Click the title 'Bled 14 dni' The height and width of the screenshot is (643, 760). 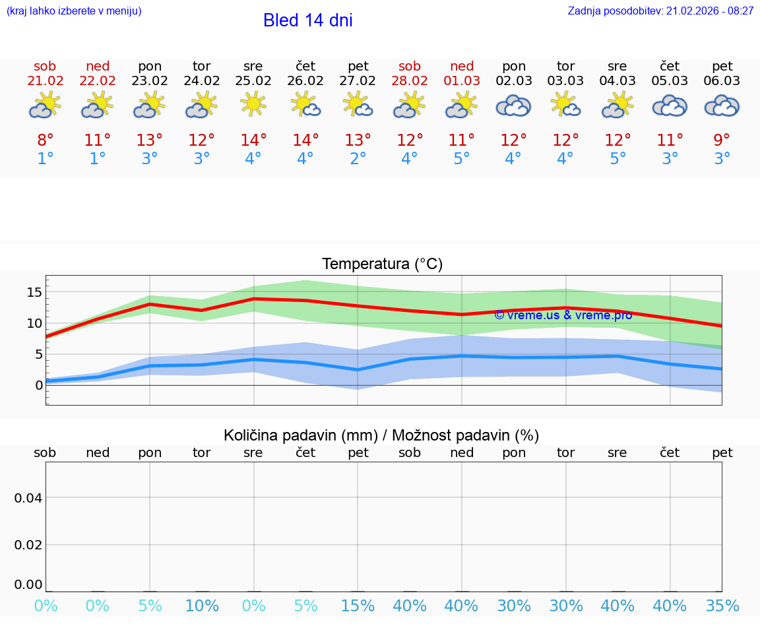(x=307, y=20)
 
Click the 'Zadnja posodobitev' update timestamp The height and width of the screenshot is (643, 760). (x=660, y=11)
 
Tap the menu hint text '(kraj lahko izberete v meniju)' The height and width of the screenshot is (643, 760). (x=74, y=11)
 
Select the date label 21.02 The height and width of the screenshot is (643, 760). (x=45, y=81)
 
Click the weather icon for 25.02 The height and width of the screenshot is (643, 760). (x=253, y=104)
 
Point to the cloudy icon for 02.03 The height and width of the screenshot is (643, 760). (x=513, y=106)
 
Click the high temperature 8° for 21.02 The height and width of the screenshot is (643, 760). (x=45, y=140)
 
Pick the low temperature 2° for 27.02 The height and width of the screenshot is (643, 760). (x=358, y=159)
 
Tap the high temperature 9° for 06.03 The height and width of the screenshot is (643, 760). (x=722, y=140)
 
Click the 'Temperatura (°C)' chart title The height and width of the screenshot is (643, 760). (x=382, y=264)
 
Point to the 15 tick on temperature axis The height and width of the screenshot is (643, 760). (x=34, y=292)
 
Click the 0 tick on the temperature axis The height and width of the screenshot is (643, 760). (x=39, y=385)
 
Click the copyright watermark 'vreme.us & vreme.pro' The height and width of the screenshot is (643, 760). (x=563, y=315)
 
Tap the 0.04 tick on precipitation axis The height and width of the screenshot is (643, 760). (x=28, y=498)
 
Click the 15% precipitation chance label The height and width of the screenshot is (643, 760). (x=358, y=606)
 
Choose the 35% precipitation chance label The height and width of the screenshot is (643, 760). (x=722, y=606)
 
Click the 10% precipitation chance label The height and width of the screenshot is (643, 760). (x=202, y=606)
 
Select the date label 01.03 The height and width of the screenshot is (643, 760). (x=462, y=81)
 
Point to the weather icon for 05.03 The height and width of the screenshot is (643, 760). (x=670, y=106)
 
